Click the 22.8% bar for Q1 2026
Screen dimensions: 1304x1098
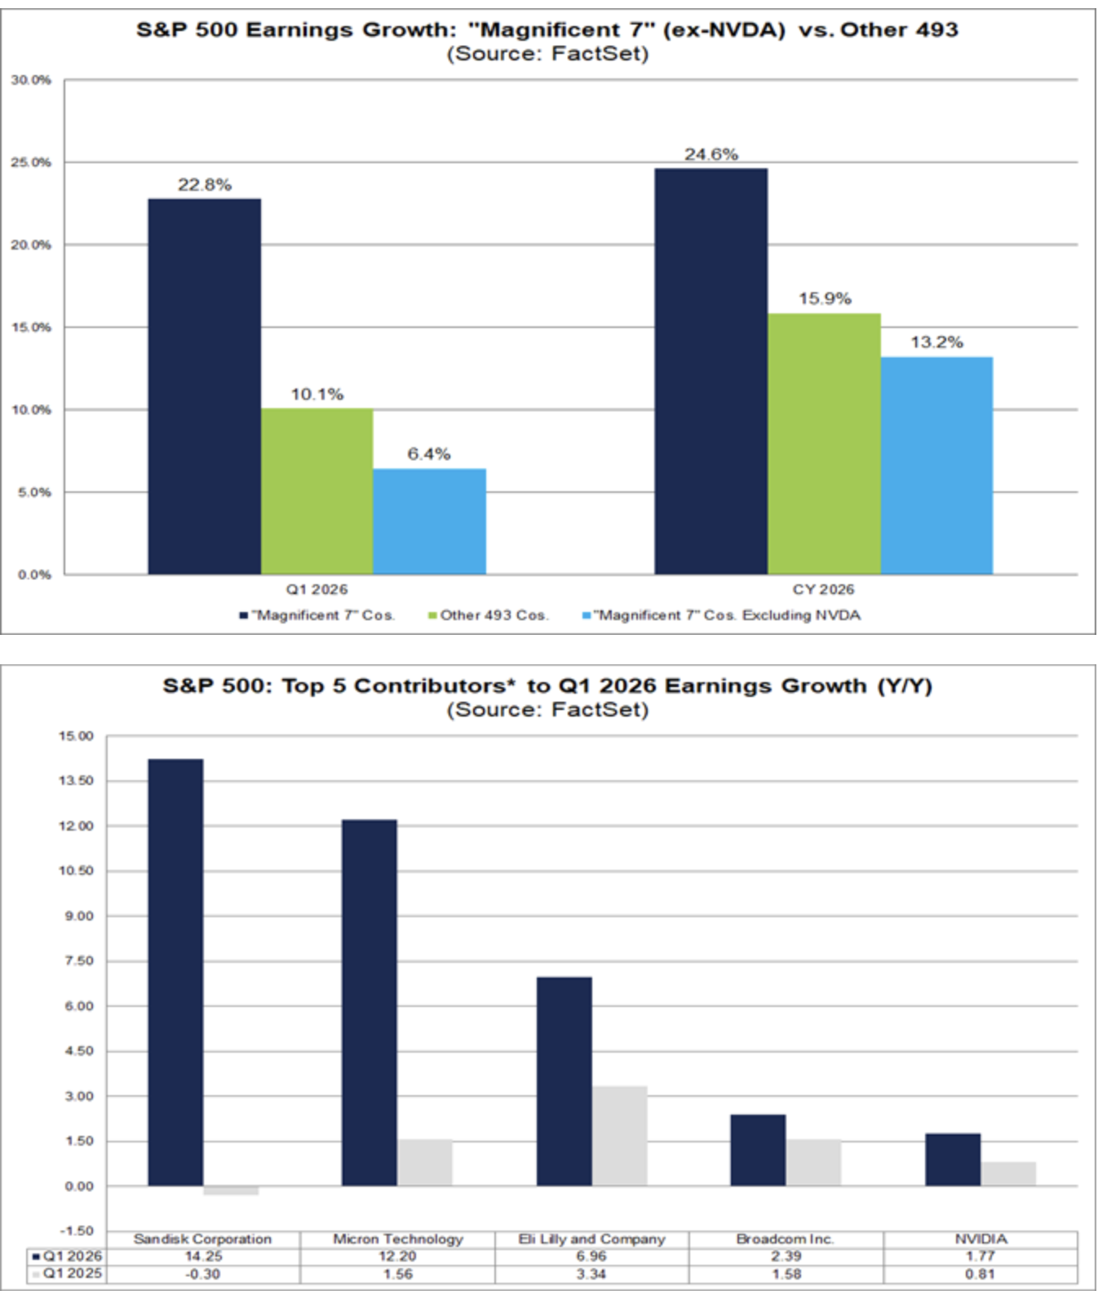click(204, 386)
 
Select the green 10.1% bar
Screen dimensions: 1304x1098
click(317, 491)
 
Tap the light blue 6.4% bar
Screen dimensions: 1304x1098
click(429, 521)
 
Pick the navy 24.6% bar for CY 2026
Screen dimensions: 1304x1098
click(711, 371)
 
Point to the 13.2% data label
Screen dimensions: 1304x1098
click(936, 343)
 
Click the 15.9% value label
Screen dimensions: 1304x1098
click(824, 299)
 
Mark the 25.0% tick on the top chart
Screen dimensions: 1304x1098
click(31, 162)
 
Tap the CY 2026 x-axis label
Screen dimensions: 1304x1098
click(823, 589)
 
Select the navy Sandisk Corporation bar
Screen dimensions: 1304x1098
click(175, 972)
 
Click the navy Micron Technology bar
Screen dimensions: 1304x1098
click(370, 1002)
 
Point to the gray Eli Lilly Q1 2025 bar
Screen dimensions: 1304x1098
click(620, 1135)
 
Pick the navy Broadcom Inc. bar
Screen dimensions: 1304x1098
click(758, 1150)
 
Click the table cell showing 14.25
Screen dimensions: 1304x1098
click(203, 1256)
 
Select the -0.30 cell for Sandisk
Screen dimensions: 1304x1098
click(203, 1274)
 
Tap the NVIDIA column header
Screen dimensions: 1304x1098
click(981, 1239)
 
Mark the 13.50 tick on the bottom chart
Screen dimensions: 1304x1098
click(76, 781)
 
